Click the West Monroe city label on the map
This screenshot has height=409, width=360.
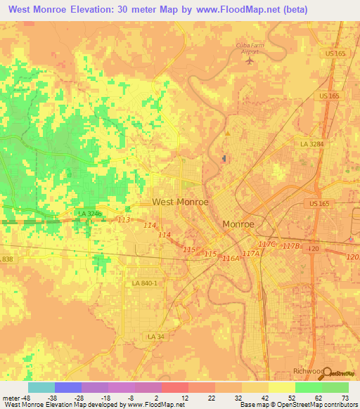click(180, 202)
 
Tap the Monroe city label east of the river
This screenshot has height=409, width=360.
click(238, 224)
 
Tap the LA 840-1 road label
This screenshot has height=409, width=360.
click(145, 283)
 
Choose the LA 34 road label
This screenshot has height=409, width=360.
click(156, 337)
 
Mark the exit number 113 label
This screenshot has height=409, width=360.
click(124, 221)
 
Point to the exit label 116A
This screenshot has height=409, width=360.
click(231, 259)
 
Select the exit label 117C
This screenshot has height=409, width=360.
click(267, 244)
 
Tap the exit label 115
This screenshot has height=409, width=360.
click(189, 249)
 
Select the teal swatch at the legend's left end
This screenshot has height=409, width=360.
click(41, 387)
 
